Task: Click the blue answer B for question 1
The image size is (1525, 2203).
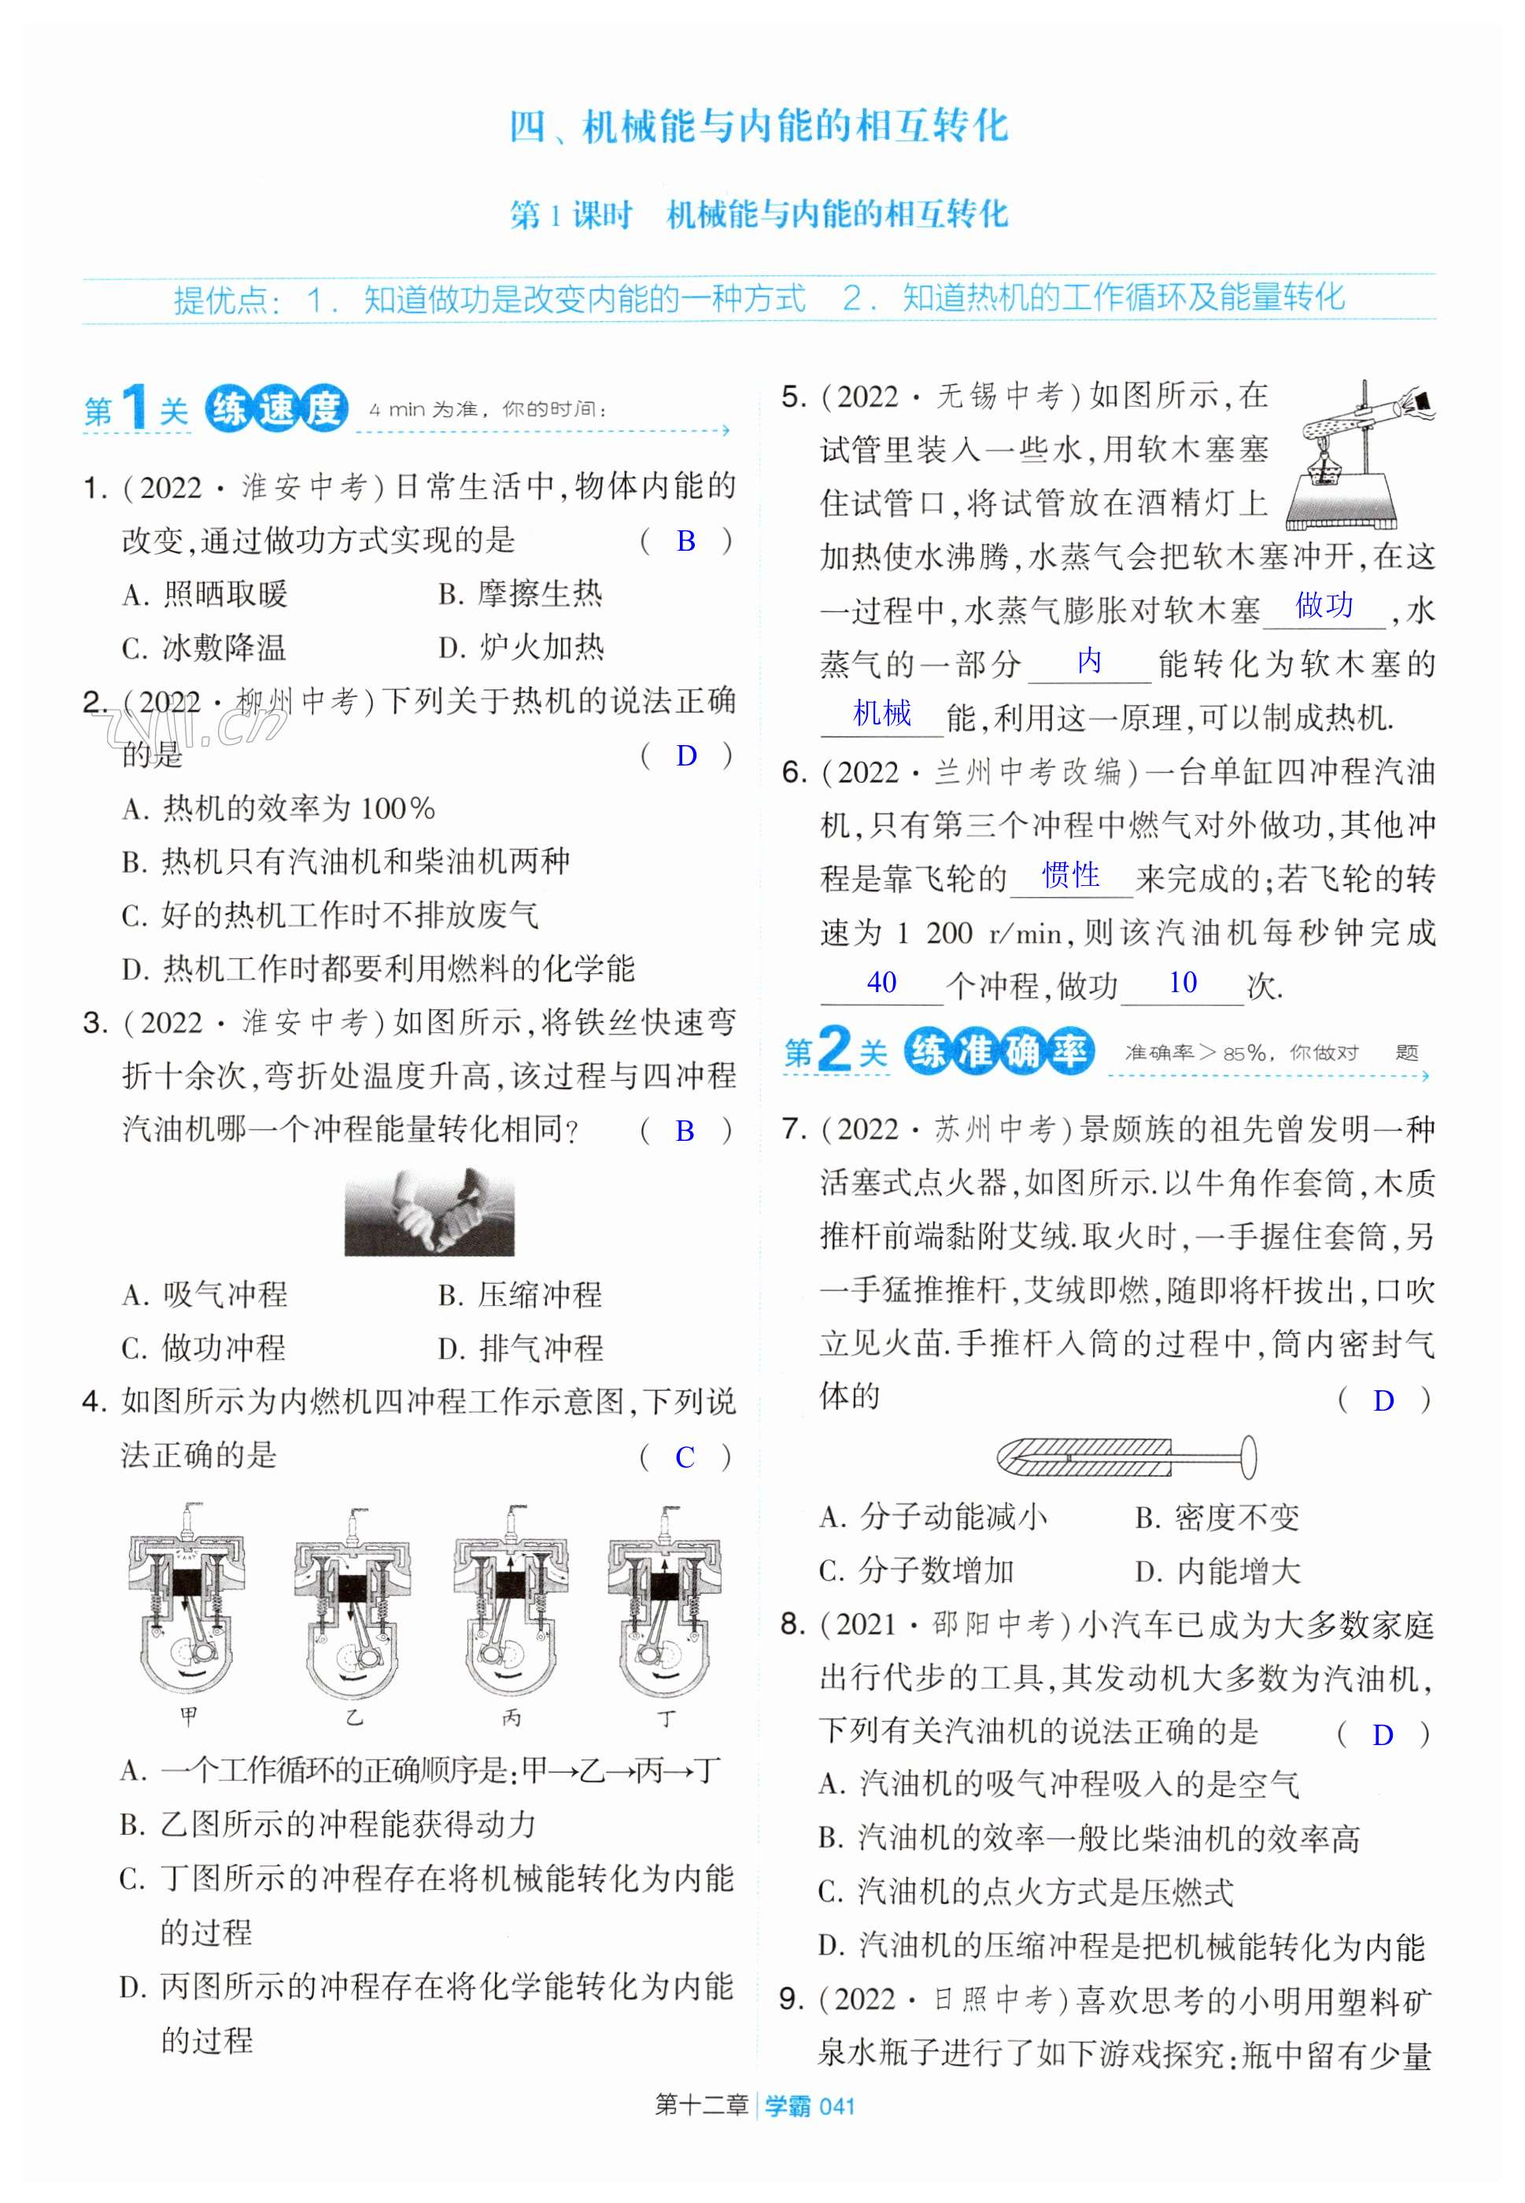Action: [685, 541]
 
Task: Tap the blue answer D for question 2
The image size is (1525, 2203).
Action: [686, 755]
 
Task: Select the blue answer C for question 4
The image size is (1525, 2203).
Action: [685, 1457]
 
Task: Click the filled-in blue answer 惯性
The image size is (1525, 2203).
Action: [1070, 874]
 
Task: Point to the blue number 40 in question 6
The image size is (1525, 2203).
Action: [881, 982]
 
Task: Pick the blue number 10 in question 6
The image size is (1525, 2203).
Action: [1182, 982]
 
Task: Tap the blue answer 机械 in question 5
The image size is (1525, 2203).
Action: [882, 713]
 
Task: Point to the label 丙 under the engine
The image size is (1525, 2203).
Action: [511, 1718]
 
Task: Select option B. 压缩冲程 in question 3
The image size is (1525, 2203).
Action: [520, 1294]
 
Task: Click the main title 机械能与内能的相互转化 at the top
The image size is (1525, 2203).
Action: [795, 126]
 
